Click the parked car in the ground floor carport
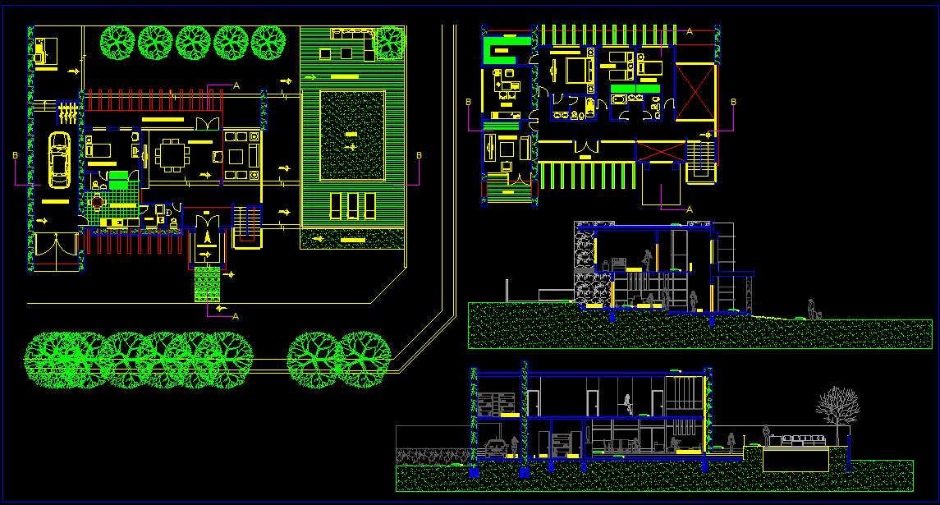click(x=59, y=159)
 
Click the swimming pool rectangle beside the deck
click(x=352, y=135)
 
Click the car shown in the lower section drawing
click(x=498, y=448)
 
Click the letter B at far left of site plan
click(x=15, y=154)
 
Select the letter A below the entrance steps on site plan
click(x=236, y=315)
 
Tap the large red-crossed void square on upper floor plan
click(x=695, y=92)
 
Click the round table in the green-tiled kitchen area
click(x=98, y=202)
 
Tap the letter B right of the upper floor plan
click(x=733, y=102)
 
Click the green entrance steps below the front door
click(x=207, y=284)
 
